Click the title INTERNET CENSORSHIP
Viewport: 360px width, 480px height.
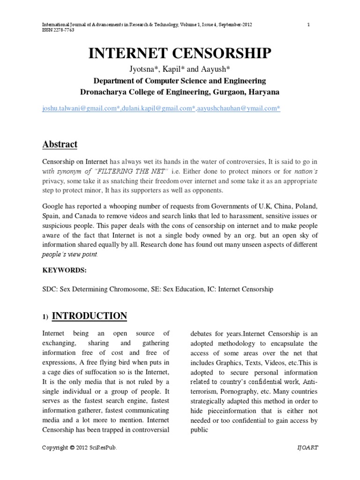pos(180,54)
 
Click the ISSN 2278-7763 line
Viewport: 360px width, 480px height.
pos(58,30)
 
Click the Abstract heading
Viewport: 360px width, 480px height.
pos(60,144)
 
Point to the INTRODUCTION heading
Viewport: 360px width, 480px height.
pos(89,316)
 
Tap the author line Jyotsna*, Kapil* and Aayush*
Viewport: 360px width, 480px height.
pos(180,70)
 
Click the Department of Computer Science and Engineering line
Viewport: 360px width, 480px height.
pos(180,81)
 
